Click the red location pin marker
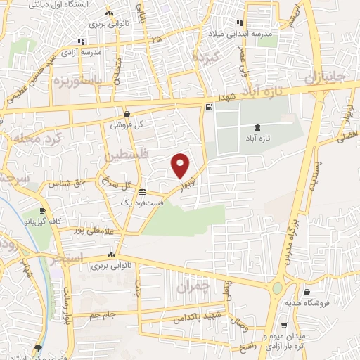(181, 165)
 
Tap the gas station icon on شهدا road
(208, 108)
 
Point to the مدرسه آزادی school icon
(82, 41)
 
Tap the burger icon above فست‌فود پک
(142, 191)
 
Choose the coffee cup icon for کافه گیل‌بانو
(43, 211)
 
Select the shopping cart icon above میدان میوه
(283, 326)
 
